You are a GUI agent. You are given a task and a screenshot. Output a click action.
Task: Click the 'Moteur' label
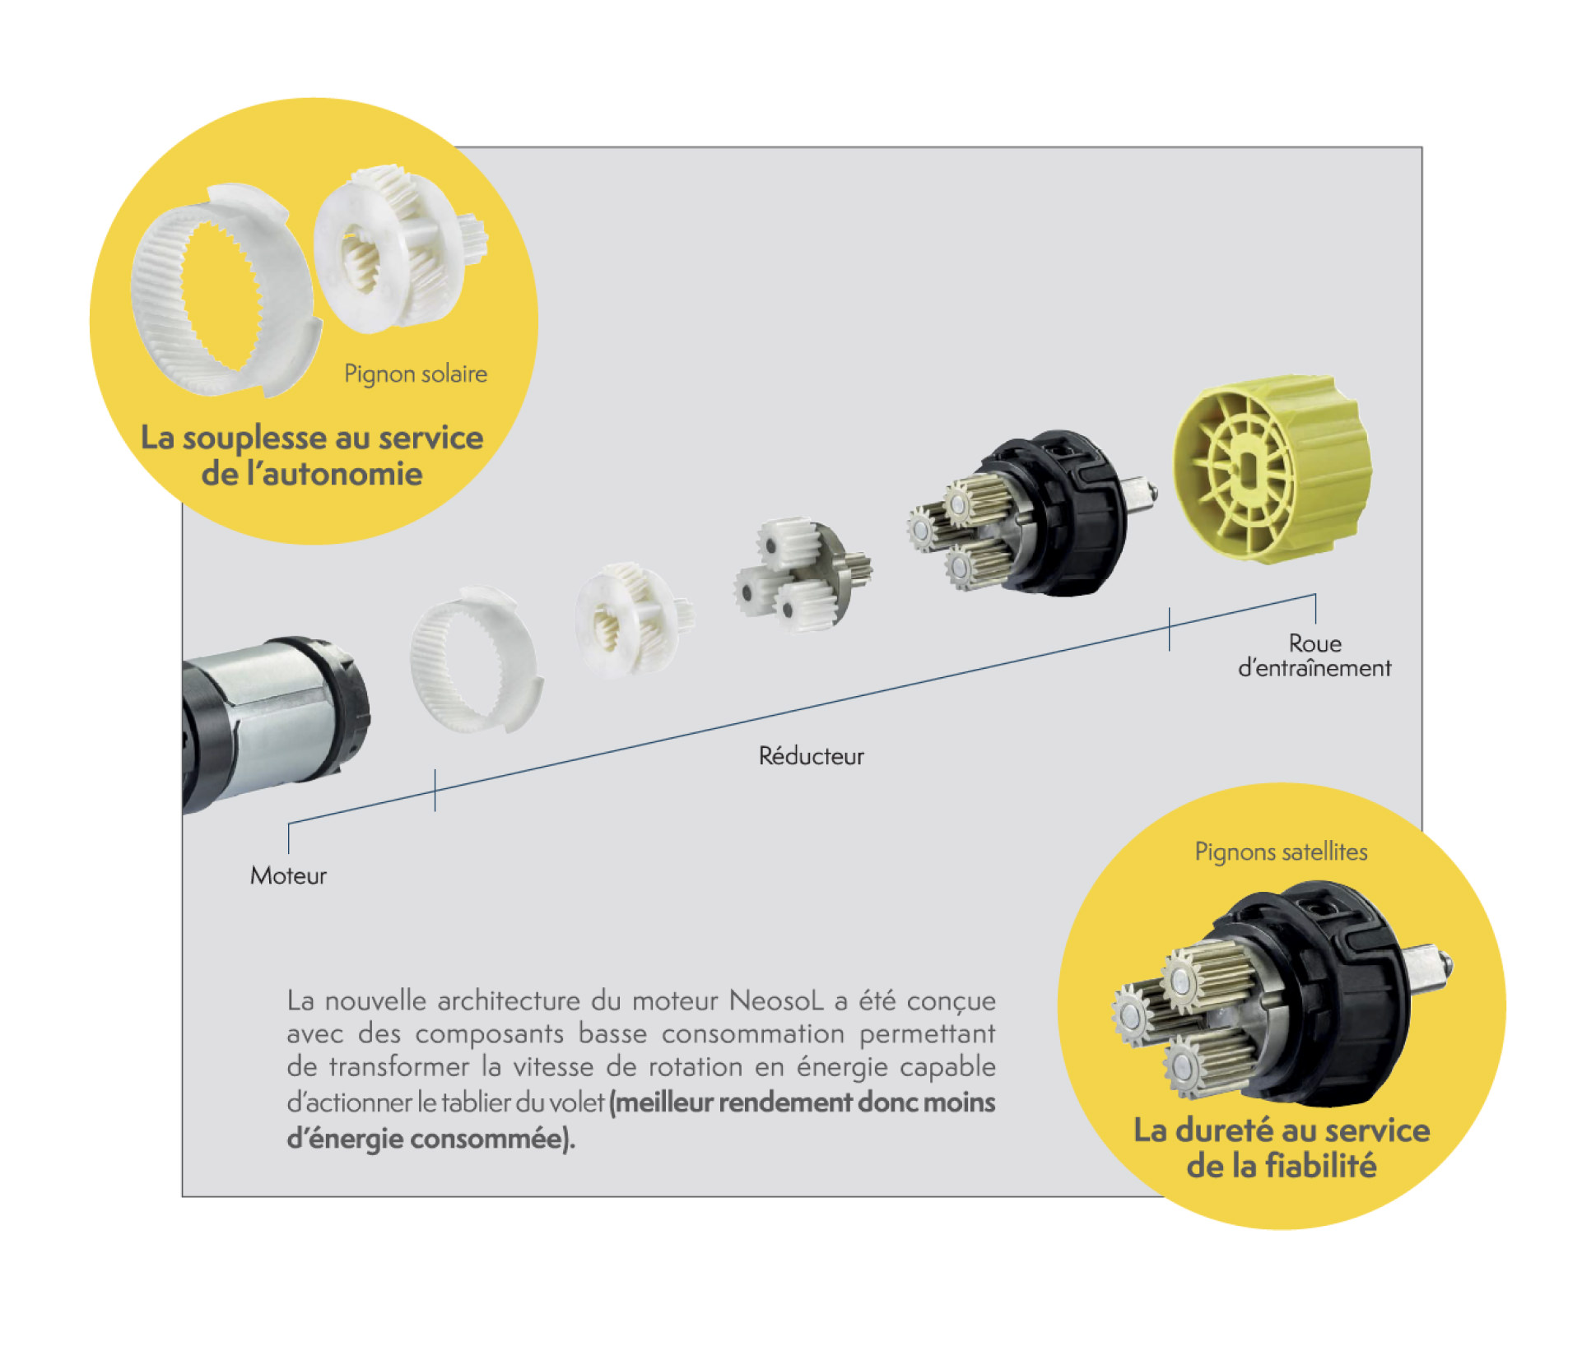[x=288, y=875]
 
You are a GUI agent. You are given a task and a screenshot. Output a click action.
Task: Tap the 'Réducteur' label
[x=812, y=756]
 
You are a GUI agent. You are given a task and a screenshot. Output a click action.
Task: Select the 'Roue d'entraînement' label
[x=1314, y=656]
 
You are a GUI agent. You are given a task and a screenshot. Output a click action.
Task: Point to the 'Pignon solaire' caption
[x=416, y=374]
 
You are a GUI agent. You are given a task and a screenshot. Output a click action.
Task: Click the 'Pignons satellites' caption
[x=1282, y=852]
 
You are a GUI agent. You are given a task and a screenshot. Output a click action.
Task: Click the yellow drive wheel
[x=1272, y=469]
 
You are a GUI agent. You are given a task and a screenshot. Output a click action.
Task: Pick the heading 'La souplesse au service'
[x=312, y=438]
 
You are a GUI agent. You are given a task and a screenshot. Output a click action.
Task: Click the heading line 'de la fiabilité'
[x=1282, y=1166]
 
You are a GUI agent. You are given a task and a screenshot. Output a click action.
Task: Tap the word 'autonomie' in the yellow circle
[x=335, y=475]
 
